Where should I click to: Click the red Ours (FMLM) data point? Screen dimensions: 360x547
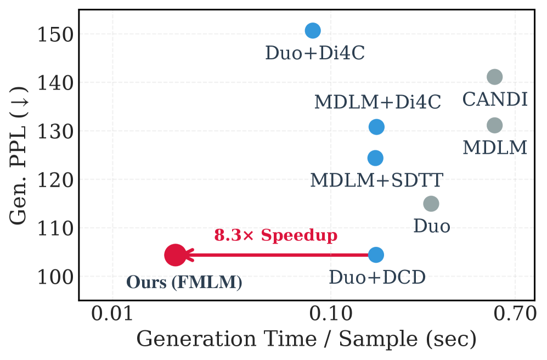pyautogui.click(x=175, y=255)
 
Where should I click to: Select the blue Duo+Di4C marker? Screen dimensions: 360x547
pyautogui.click(x=312, y=31)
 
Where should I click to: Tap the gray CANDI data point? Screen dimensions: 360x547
pyautogui.click(x=494, y=77)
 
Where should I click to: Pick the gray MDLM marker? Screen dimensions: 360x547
pyautogui.click(x=494, y=126)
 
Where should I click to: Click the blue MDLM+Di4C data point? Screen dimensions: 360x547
pyautogui.click(x=376, y=127)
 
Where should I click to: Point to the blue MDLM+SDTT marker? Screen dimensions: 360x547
pyautogui.click(x=375, y=158)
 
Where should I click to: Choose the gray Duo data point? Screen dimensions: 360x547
pyautogui.click(x=431, y=204)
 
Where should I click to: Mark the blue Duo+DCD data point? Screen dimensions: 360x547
pyautogui.click(x=376, y=255)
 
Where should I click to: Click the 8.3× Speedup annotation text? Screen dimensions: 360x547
pyautogui.click(x=275, y=235)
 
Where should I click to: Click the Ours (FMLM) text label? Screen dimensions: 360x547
pyautogui.click(x=184, y=283)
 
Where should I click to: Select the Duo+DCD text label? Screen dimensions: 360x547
pyautogui.click(x=377, y=278)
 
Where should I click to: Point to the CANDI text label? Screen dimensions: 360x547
pyautogui.click(x=495, y=100)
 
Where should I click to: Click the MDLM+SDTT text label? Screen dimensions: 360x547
pyautogui.click(x=376, y=180)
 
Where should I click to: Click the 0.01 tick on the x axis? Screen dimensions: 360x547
pyautogui.click(x=112, y=315)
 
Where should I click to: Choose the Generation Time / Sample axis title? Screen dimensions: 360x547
pyautogui.click(x=306, y=340)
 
